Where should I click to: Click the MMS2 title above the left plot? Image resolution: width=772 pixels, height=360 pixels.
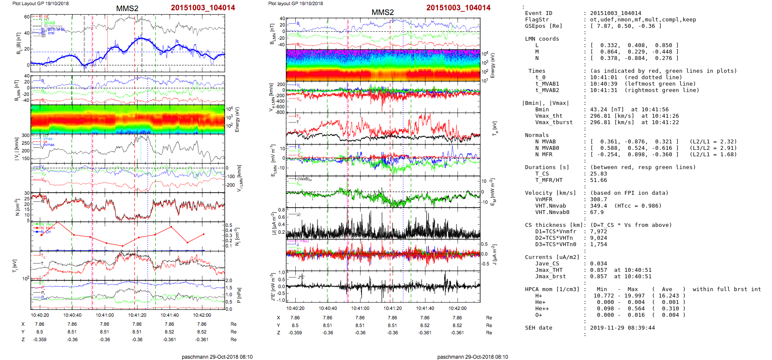click(127, 9)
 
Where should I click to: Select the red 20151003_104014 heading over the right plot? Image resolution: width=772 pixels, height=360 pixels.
click(458, 8)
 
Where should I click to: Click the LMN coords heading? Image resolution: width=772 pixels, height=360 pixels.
click(542, 39)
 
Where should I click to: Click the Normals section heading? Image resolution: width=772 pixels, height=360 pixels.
click(537, 135)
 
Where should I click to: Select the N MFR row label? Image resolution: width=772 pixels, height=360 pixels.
click(543, 155)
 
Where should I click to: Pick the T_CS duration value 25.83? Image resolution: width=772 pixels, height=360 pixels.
click(598, 174)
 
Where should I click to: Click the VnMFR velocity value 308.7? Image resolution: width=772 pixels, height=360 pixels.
click(598, 199)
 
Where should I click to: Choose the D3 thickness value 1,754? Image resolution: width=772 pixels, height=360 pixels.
click(598, 244)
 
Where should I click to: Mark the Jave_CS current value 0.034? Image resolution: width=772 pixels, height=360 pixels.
click(598, 264)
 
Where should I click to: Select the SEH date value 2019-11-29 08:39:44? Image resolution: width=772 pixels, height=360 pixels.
click(622, 328)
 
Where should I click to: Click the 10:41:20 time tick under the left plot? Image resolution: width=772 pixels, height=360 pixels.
click(137, 315)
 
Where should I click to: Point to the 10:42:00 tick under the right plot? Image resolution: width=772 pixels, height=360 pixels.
click(457, 308)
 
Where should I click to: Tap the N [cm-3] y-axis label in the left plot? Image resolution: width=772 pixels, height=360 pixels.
click(18, 207)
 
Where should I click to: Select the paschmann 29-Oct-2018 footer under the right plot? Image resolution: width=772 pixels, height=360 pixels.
click(472, 357)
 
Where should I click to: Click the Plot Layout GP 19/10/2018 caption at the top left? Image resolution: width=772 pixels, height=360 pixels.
click(40, 3)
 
